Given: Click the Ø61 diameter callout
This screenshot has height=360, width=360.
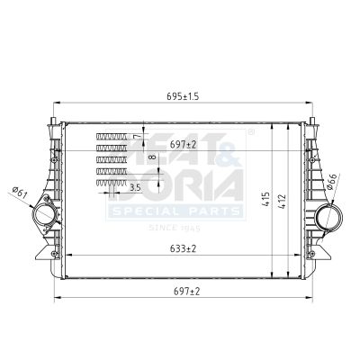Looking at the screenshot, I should pos(21,190).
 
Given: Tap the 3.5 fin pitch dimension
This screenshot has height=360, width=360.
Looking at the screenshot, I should pos(135,187).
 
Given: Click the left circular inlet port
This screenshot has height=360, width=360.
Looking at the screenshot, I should pos(43,218).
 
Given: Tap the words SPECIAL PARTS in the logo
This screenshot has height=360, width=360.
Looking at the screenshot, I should pos(175,211).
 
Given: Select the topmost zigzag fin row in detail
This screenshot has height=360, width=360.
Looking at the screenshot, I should pos(112,136).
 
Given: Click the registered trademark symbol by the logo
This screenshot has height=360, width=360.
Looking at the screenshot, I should pos(251,132).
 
